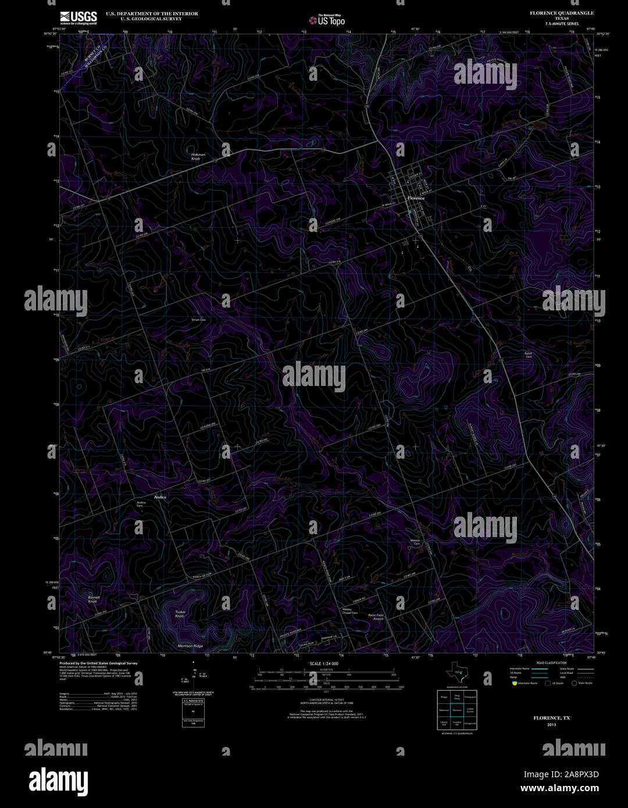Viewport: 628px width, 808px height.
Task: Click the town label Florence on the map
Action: pyautogui.click(x=416, y=198)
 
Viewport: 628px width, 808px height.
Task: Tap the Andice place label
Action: pyautogui.click(x=160, y=498)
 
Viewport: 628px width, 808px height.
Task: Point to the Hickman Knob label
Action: pyautogui.click(x=198, y=156)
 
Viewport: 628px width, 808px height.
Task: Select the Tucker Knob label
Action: pyautogui.click(x=180, y=614)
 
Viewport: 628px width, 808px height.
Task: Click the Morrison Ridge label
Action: pyautogui.click(x=190, y=646)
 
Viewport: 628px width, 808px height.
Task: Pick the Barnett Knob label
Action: pyautogui.click(x=93, y=599)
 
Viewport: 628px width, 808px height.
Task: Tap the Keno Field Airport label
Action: pyautogui.click(x=376, y=617)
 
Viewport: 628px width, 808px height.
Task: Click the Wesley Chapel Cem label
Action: pyautogui.click(x=349, y=612)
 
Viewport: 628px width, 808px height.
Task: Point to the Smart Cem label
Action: pyautogui.click(x=199, y=320)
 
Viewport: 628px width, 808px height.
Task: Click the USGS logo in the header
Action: pyautogui.click(x=78, y=17)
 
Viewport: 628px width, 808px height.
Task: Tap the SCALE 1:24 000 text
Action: pyautogui.click(x=324, y=663)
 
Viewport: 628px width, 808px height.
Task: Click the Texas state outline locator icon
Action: pyautogui.click(x=454, y=673)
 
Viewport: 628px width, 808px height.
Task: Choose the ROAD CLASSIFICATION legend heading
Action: pyautogui.click(x=551, y=663)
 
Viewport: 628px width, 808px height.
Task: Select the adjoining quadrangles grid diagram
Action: pyautogui.click(x=457, y=710)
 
